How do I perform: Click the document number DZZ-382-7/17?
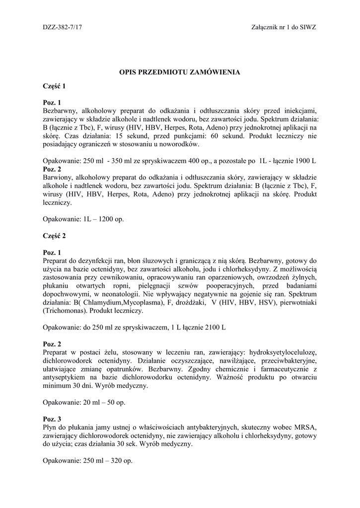pyautogui.click(x=63, y=27)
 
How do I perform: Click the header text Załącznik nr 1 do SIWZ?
pyautogui.click(x=284, y=27)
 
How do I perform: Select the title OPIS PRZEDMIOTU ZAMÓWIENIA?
pyautogui.click(x=179, y=72)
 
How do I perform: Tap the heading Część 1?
pyautogui.click(x=54, y=86)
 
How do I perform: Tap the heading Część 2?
pyautogui.click(x=54, y=236)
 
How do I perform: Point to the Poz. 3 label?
pyautogui.click(x=52, y=419)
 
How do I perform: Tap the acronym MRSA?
pyautogui.click(x=306, y=427)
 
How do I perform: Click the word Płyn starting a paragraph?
pyautogui.click(x=51, y=427)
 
